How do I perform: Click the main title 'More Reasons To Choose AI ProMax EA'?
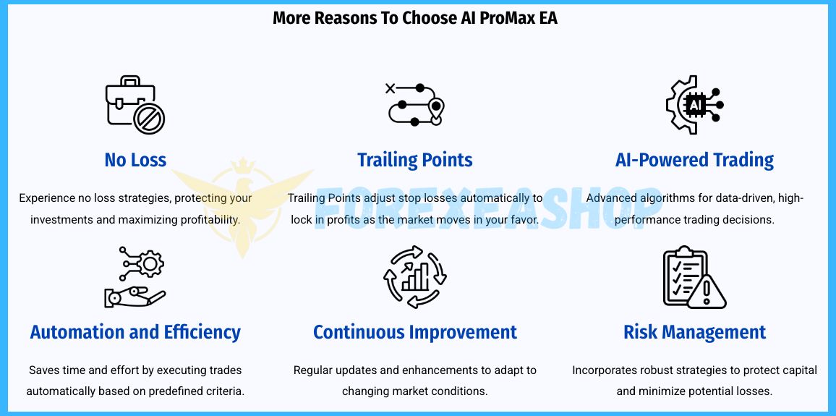tap(415, 17)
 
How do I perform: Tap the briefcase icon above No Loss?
tap(135, 104)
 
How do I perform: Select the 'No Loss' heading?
tap(135, 159)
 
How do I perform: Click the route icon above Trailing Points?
tap(415, 104)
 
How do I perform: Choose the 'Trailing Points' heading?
tap(415, 160)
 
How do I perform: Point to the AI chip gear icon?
tap(695, 104)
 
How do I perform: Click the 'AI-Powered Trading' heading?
tap(695, 160)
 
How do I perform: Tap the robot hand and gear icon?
tap(135, 277)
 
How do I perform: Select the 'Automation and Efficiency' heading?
tap(135, 332)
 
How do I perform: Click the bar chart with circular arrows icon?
tap(415, 277)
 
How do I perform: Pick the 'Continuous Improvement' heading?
tap(415, 332)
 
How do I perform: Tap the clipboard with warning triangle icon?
tap(695, 277)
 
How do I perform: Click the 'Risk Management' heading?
tap(695, 332)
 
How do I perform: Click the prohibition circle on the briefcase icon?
tap(149, 119)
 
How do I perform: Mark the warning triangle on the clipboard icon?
tap(707, 292)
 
